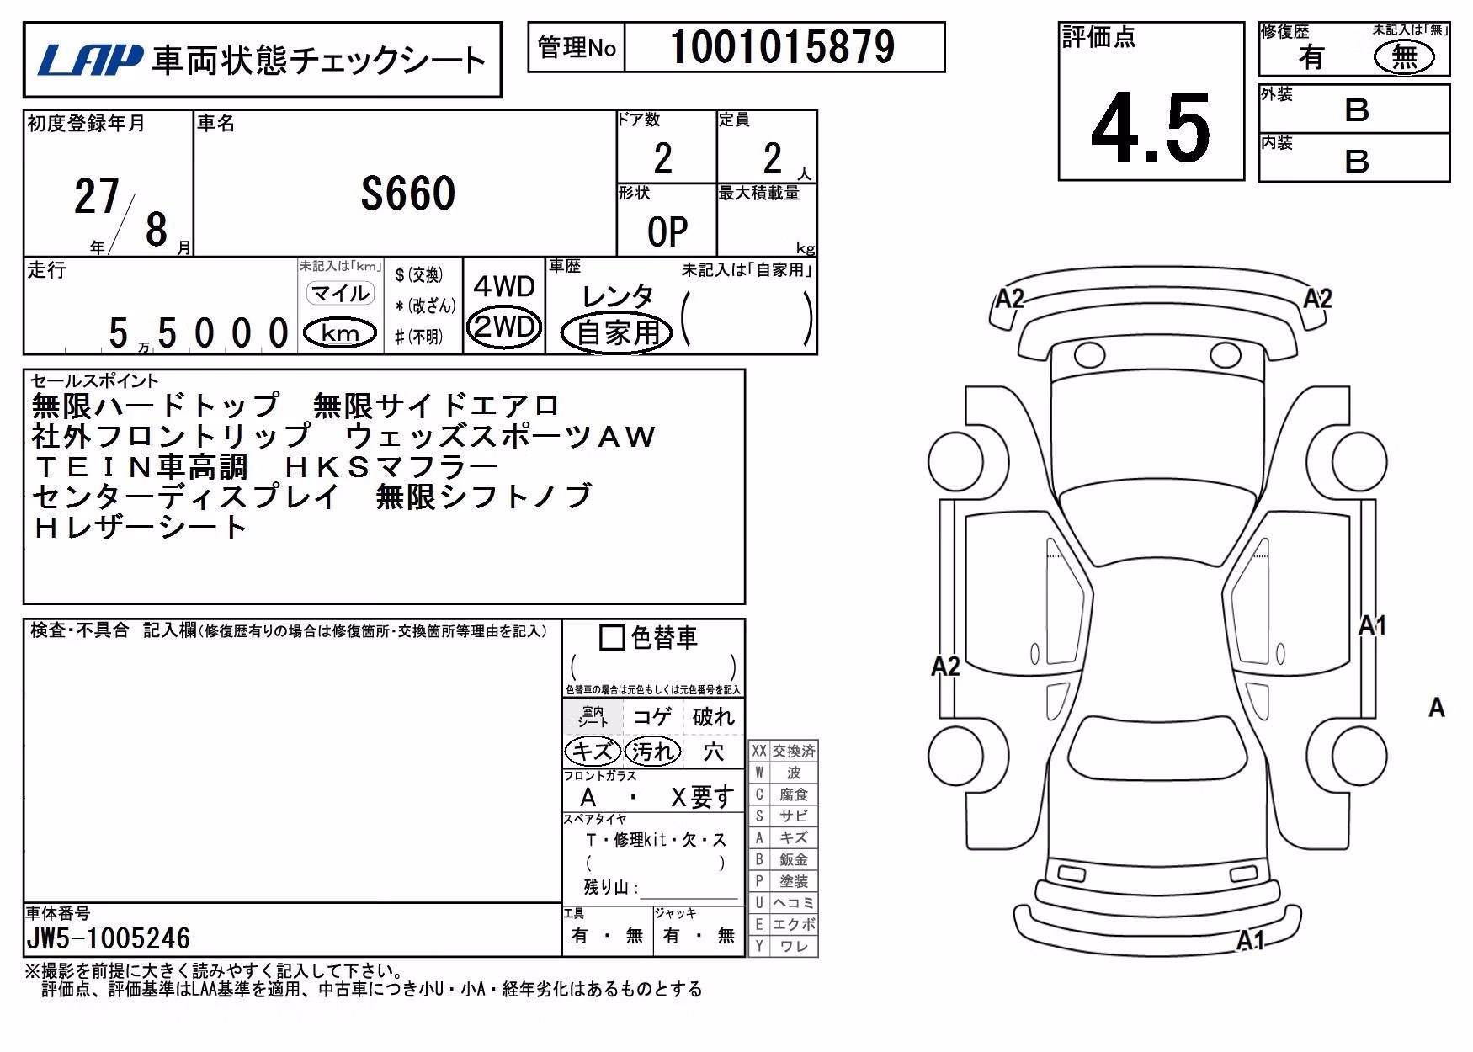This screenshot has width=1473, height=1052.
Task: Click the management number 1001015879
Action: coord(783,47)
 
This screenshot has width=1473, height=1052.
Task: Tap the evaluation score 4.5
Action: coord(1151,128)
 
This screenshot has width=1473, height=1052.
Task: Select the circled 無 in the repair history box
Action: coord(1404,57)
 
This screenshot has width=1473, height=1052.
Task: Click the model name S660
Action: coord(408,194)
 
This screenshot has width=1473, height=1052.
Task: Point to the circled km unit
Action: coord(340,333)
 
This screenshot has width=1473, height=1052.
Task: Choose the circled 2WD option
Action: coord(504,327)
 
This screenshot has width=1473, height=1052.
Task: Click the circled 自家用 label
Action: coord(617,332)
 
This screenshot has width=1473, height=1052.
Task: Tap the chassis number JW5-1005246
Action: coord(108,938)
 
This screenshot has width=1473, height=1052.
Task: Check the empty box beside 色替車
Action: coord(611,637)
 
